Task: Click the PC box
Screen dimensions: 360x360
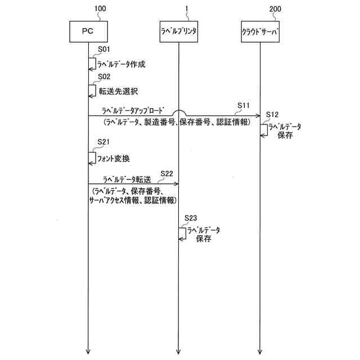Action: pos(88,31)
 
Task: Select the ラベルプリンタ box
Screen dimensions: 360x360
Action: pos(178,31)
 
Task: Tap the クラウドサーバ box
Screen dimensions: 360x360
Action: pos(259,31)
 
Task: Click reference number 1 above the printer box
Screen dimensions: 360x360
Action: pos(179,8)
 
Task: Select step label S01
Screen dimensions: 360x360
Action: pos(104,50)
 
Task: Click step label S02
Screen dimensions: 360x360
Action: pos(104,77)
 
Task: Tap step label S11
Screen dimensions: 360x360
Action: pos(244,106)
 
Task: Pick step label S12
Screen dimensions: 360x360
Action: pos(272,114)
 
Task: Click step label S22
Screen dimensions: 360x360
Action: pos(167,173)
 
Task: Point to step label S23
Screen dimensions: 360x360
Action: pos(192,218)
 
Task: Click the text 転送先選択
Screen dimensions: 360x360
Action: pos(118,91)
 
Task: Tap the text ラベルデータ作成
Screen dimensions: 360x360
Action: pos(121,64)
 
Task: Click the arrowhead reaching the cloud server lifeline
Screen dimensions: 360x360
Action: pos(258,116)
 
